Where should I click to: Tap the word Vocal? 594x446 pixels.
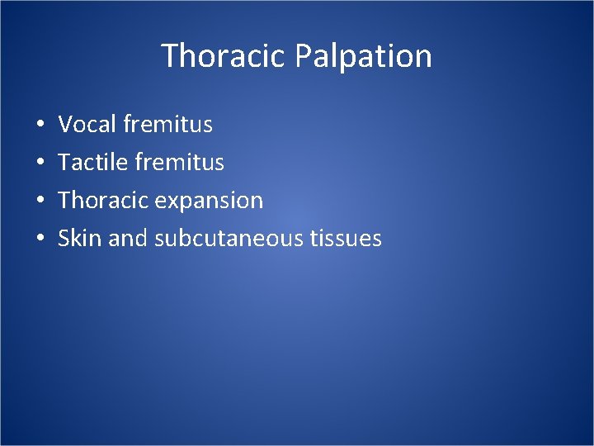click(x=87, y=125)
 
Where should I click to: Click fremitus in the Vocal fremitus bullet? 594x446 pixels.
click(x=167, y=125)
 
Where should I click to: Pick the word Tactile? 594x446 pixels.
click(x=91, y=163)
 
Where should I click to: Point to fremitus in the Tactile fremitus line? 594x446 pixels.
click(x=179, y=163)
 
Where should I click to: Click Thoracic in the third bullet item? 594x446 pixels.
click(x=101, y=201)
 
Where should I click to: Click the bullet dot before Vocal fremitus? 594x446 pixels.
click(x=40, y=126)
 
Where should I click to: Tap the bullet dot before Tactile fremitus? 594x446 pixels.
click(x=40, y=164)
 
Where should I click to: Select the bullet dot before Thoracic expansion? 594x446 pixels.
click(x=40, y=202)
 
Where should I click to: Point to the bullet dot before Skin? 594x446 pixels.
click(x=40, y=240)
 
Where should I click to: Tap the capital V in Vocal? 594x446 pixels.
click(x=65, y=125)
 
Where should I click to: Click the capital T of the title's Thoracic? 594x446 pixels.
click(x=170, y=56)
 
